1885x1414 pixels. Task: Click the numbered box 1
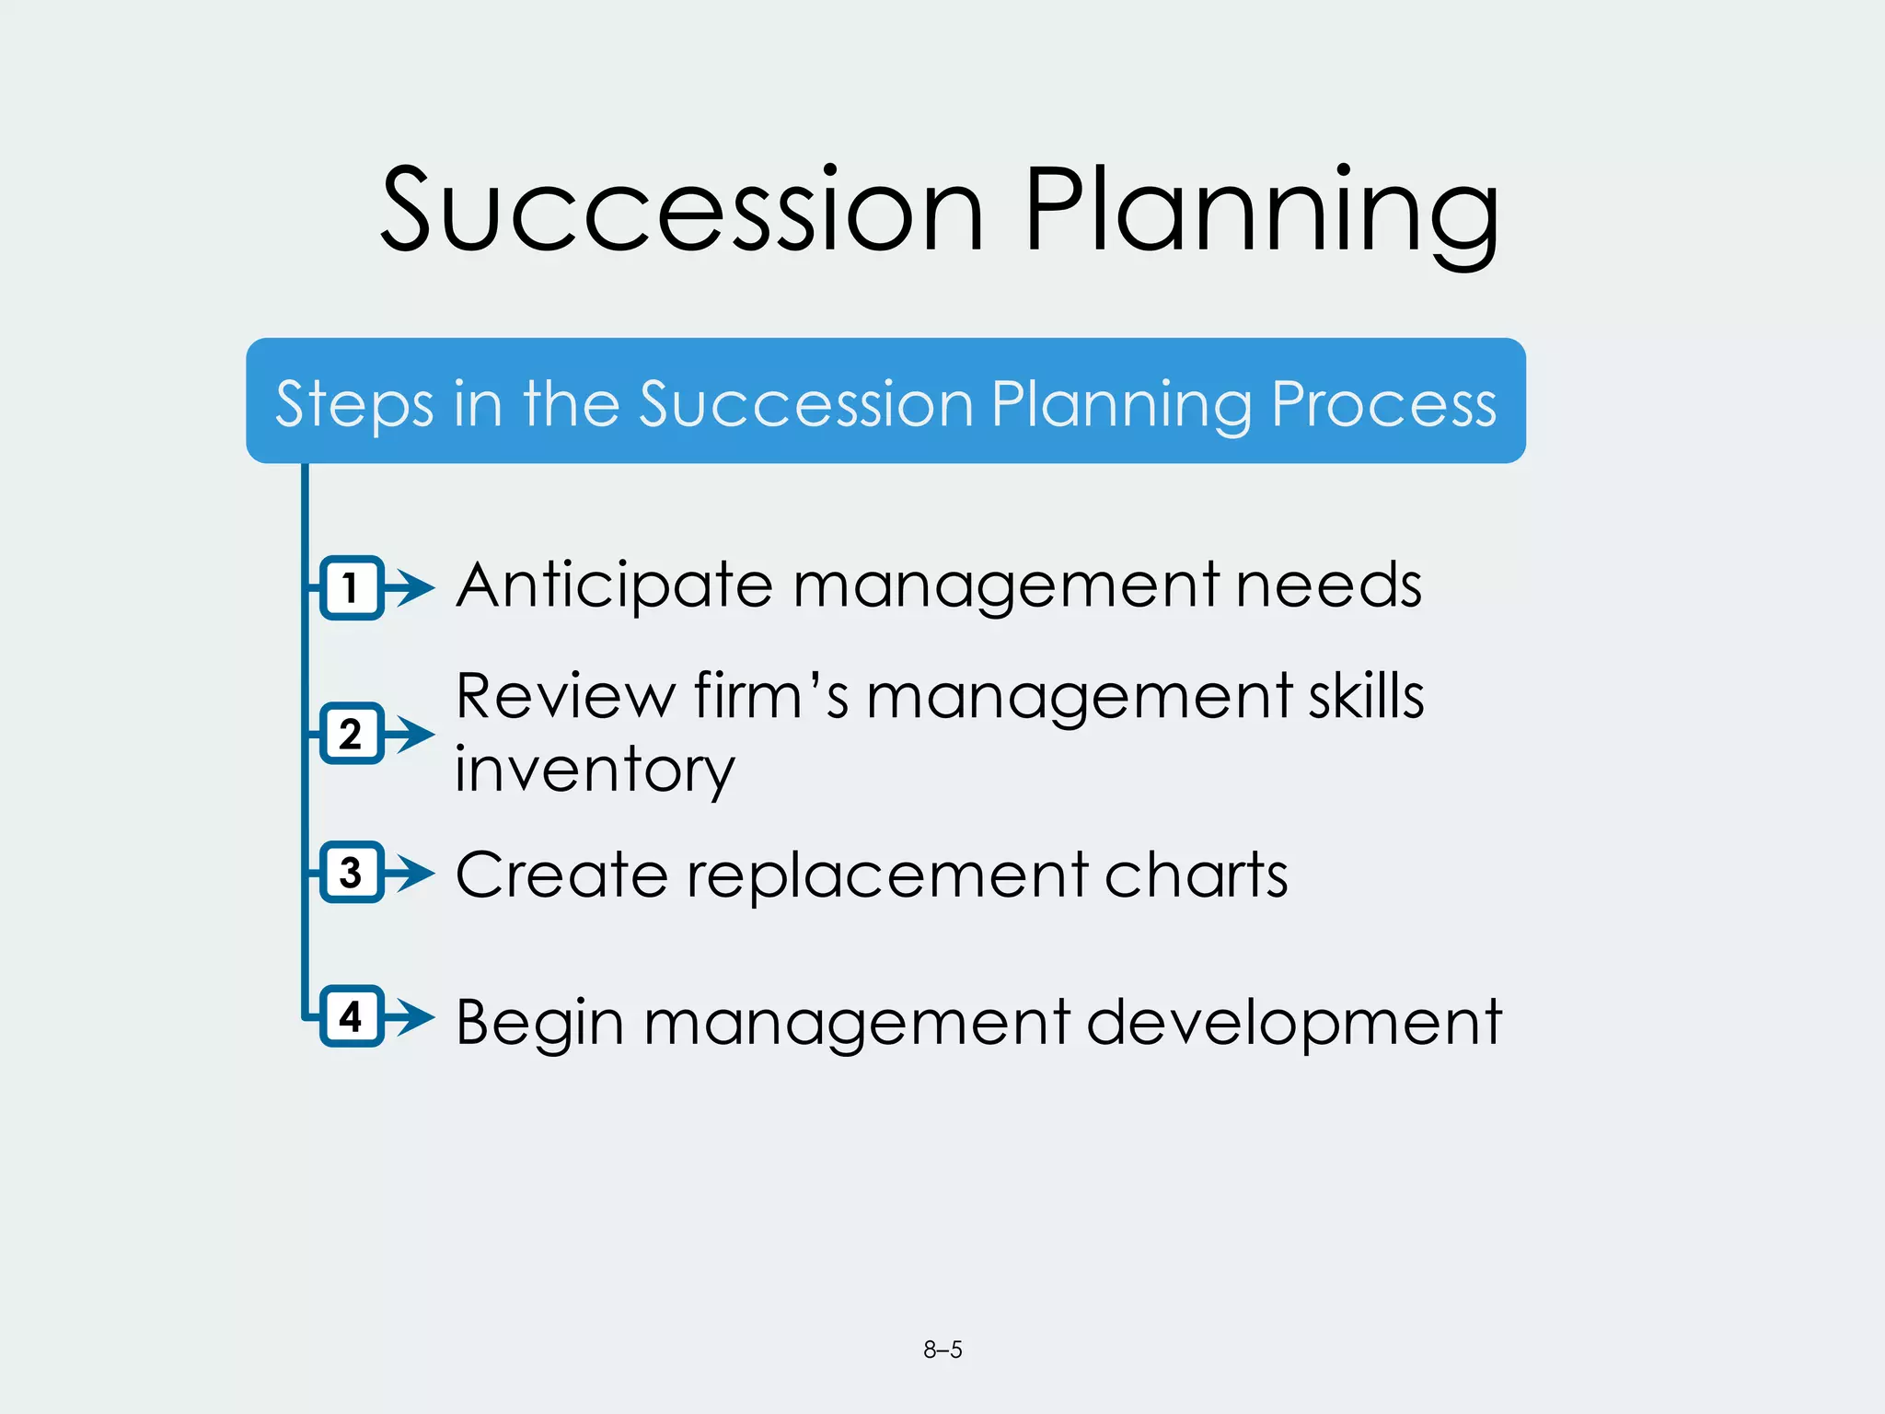pos(351,587)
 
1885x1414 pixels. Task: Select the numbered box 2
pos(351,734)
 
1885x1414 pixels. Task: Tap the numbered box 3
pos(351,872)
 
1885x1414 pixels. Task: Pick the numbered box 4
pos(351,1016)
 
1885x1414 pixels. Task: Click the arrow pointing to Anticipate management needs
pos(411,587)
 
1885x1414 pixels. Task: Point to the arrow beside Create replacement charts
pos(411,872)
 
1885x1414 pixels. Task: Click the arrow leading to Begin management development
pos(411,1016)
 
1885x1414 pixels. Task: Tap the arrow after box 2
pos(411,734)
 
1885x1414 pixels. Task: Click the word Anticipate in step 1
pos(614,587)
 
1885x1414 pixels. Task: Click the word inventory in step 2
pos(595,770)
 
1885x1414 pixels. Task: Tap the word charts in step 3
pos(1196,875)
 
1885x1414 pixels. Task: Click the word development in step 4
pos(1294,1024)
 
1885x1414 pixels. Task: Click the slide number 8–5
pos(942,1350)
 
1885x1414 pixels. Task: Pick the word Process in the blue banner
pos(1383,405)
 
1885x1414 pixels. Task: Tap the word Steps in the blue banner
pos(354,405)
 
